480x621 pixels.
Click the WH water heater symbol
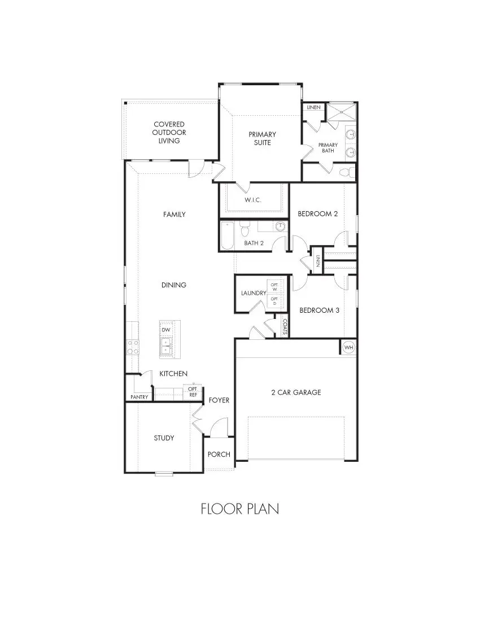pos(348,347)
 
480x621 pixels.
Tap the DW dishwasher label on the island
pos(166,330)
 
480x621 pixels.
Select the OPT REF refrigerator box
pos(192,392)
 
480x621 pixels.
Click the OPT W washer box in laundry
pos(274,286)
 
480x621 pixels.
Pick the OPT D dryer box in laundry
pos(274,301)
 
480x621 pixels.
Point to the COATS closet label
pos(285,327)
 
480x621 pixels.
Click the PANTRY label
pos(139,397)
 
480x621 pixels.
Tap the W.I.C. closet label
pos(253,200)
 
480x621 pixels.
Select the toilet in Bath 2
pos(245,230)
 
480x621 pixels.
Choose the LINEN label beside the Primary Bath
pos(313,107)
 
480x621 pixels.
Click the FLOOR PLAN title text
pos(239,509)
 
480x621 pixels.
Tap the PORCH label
pos(219,454)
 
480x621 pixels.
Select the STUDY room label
pos(164,438)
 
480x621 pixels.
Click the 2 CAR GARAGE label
pos(296,392)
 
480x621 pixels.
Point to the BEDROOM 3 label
pos(319,310)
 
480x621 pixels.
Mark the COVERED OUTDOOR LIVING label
pos(169,132)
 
